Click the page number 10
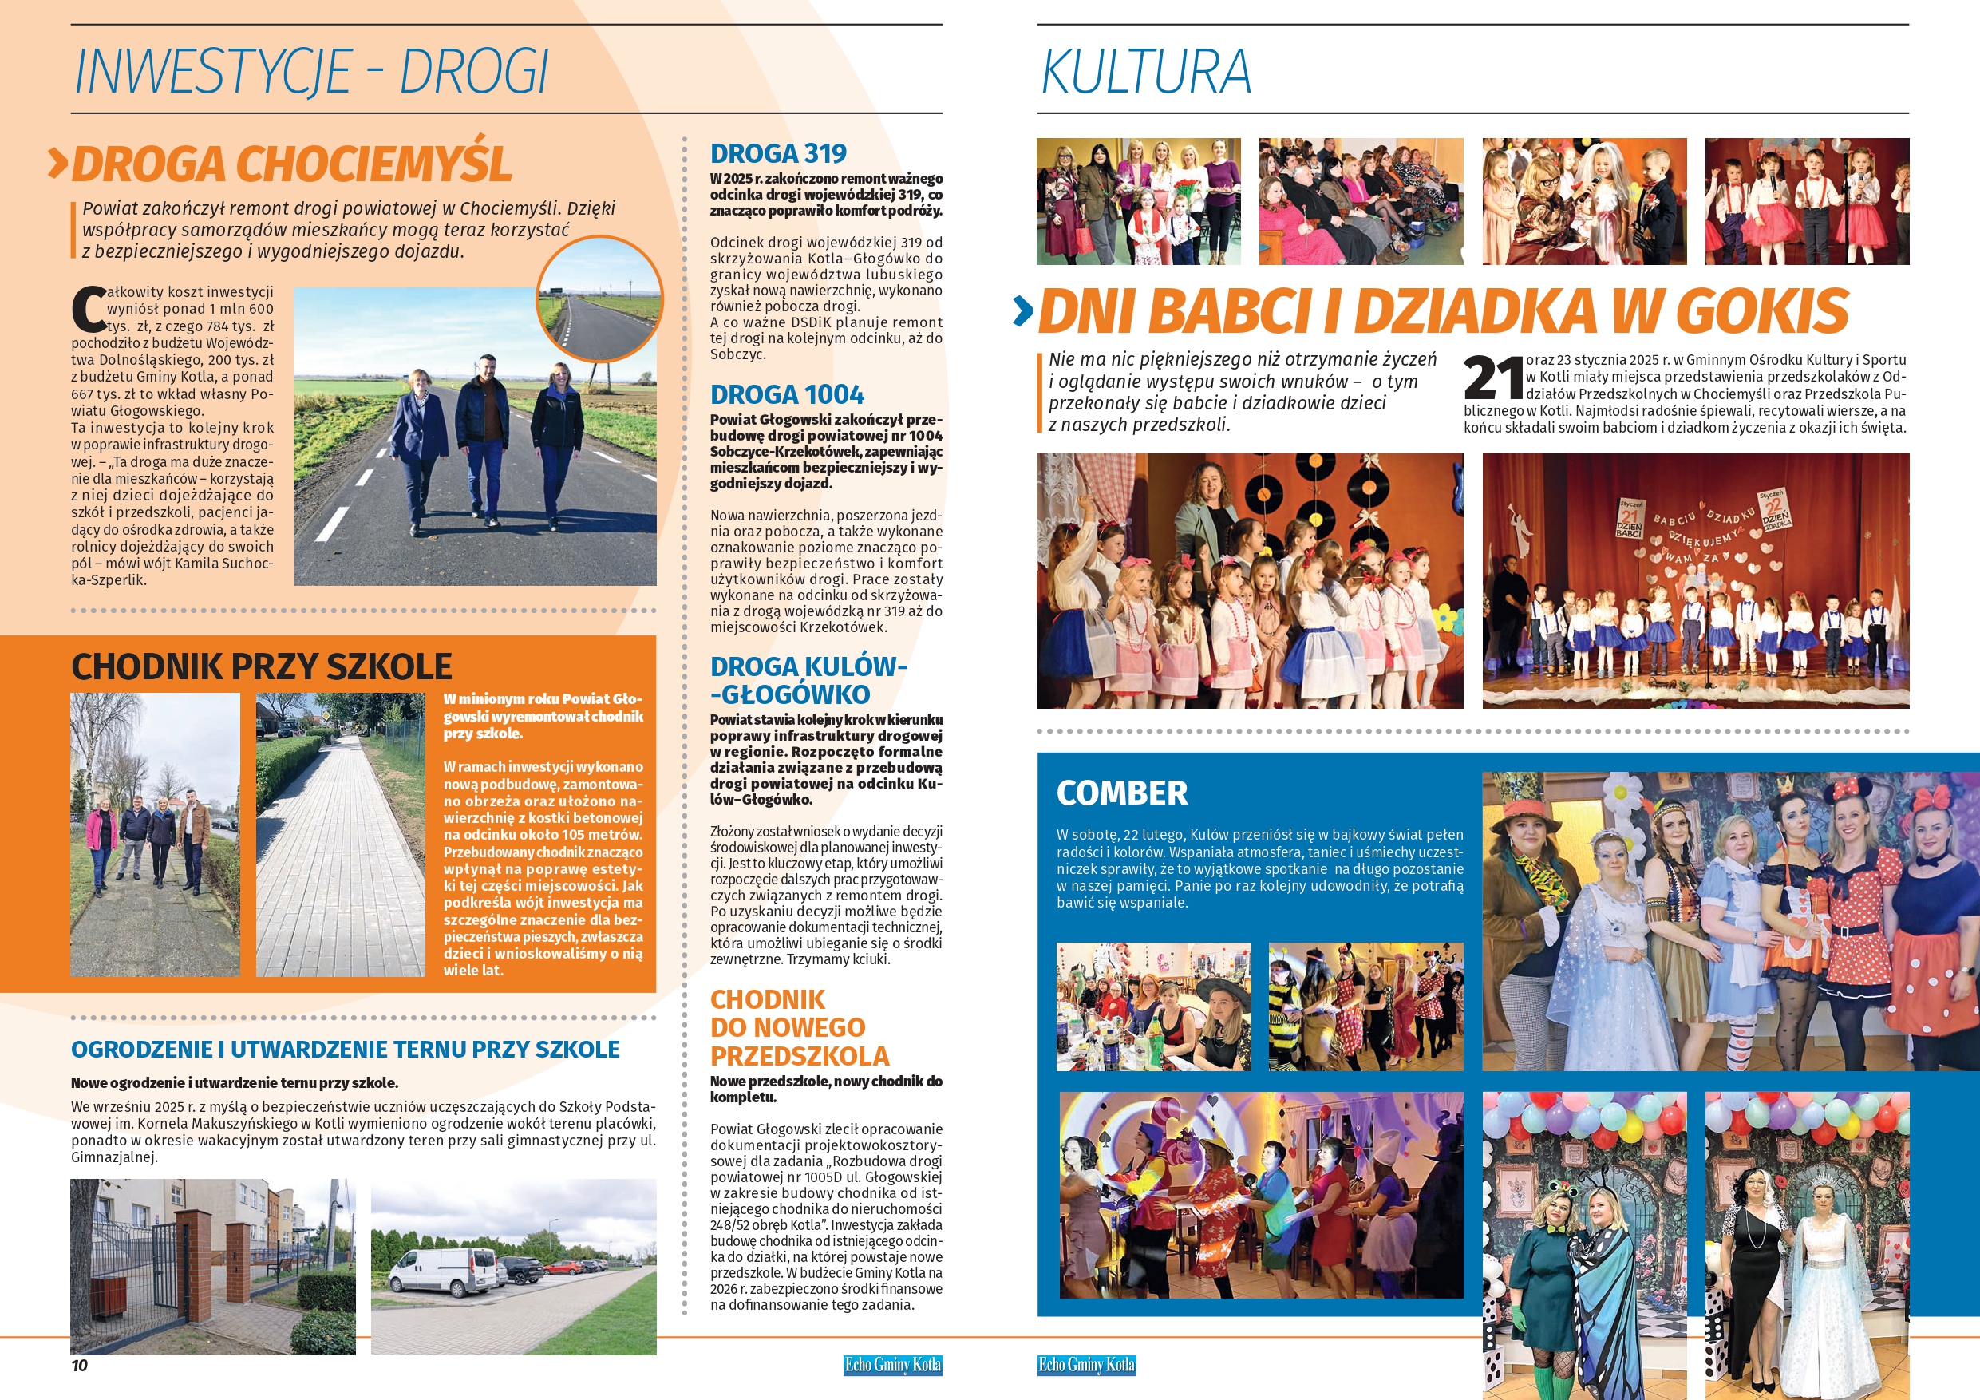79,1365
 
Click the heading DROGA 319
778,153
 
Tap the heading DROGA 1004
786,394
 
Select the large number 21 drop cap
1492,378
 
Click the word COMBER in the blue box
1122,793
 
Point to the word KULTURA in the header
1146,72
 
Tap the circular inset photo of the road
599,299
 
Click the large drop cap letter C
88,310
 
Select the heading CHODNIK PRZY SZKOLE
261,666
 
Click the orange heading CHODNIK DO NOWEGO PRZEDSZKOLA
800,1027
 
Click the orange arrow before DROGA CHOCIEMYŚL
57,163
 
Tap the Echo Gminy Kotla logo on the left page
892,1365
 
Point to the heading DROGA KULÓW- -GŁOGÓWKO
808,680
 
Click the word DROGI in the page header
473,72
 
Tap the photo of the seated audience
1361,201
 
